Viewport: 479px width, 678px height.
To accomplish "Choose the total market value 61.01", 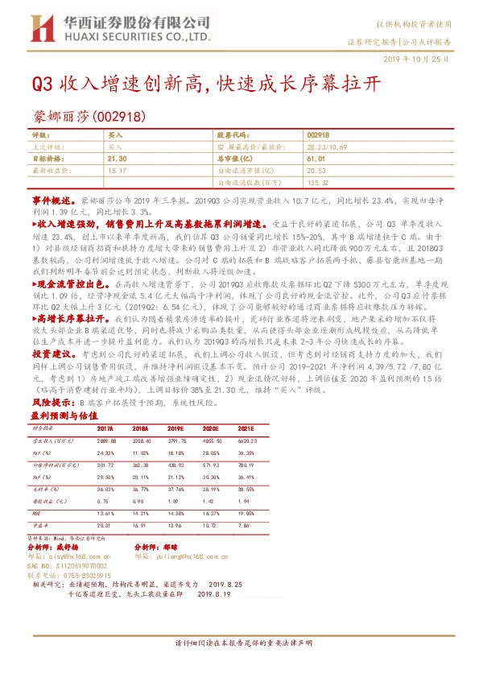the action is click(316, 159).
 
